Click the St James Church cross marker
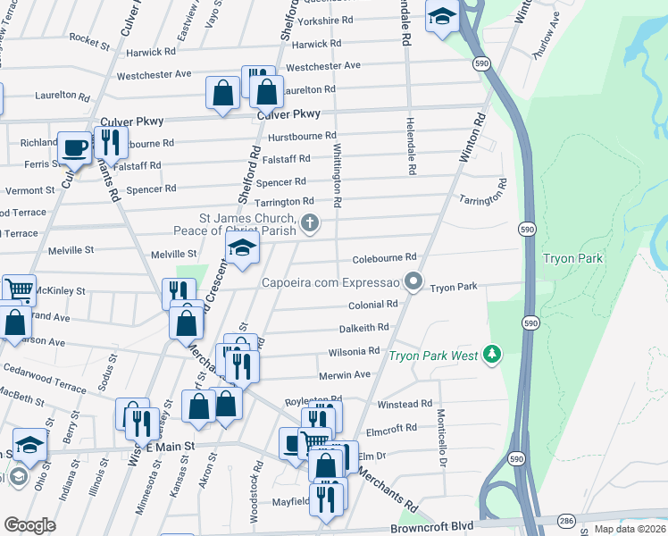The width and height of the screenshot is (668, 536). click(310, 223)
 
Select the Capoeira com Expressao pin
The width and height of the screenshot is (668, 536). click(412, 282)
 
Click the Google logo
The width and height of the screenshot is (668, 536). click(29, 525)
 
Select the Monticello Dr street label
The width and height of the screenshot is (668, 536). click(441, 438)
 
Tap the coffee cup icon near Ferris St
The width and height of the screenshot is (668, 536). click(74, 147)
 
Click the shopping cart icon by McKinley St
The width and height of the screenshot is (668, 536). click(19, 289)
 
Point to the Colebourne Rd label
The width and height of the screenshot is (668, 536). click(385, 257)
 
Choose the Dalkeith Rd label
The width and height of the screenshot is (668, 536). click(363, 328)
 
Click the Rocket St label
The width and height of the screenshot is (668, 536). click(88, 41)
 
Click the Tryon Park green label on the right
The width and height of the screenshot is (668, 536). click(572, 259)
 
